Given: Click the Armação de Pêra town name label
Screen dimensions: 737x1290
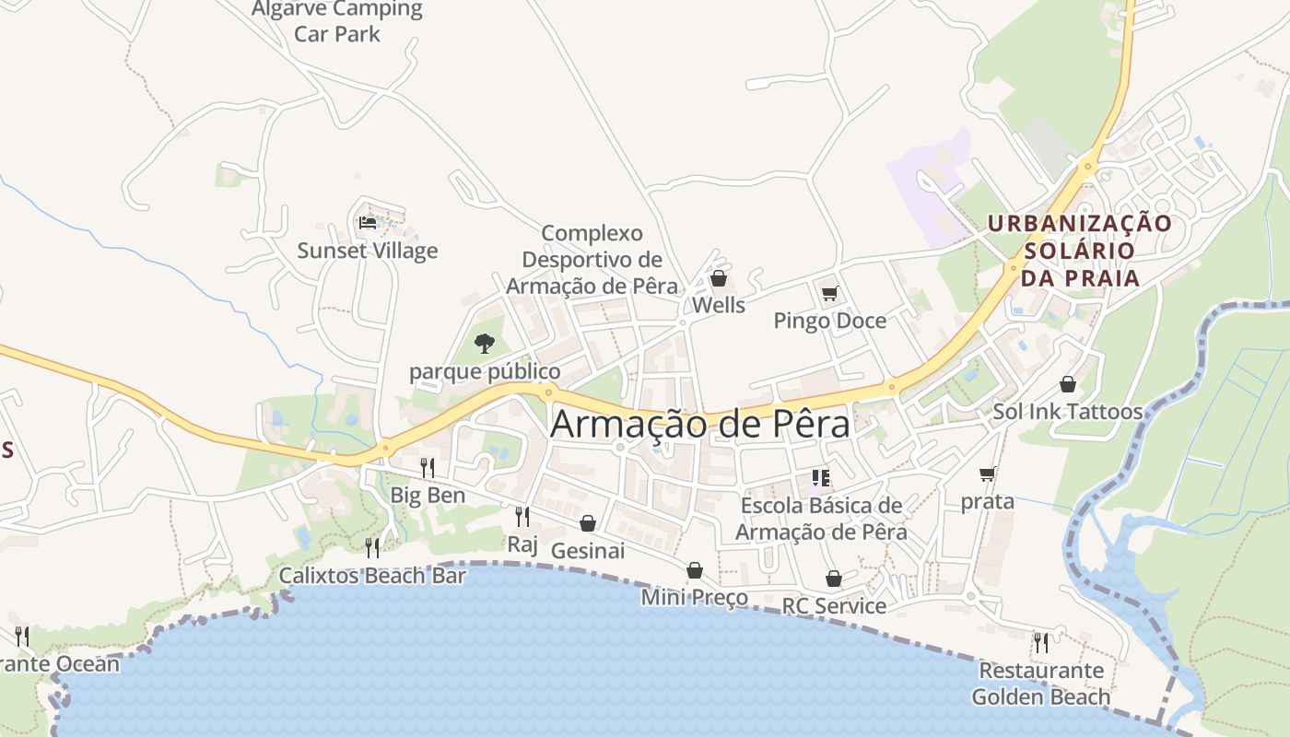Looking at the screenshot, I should click(700, 424).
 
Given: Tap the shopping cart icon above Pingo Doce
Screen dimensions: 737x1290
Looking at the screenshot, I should click(830, 294).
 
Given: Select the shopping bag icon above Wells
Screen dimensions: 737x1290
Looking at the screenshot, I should click(719, 278).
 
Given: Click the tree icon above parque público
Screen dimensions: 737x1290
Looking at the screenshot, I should click(484, 345).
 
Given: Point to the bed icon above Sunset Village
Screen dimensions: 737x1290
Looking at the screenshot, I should click(367, 223).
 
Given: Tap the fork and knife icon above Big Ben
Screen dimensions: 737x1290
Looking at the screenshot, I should click(427, 468).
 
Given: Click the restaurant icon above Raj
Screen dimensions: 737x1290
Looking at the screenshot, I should click(522, 517).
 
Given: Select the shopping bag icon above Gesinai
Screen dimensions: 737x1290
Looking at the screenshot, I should click(588, 524).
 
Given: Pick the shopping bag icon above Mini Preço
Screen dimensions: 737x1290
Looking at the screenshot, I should click(695, 571).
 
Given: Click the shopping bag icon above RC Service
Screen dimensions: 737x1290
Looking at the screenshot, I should click(834, 579).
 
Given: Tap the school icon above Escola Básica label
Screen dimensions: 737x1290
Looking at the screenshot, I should click(821, 478).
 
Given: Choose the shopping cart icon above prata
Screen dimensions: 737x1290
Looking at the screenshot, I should click(988, 474).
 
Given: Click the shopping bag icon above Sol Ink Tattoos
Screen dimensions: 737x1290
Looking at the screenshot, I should click(1068, 384).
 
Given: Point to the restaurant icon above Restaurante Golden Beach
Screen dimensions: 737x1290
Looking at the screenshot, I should click(1041, 642).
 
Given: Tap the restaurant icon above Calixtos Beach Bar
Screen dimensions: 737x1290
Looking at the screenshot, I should click(372, 548).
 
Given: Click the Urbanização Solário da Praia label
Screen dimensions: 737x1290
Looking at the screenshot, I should click(1080, 251).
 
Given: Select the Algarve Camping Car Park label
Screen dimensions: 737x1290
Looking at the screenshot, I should click(337, 22).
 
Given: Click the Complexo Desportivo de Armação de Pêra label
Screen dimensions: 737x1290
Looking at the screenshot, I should click(592, 260).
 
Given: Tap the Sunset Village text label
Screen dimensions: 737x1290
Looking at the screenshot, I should click(368, 251).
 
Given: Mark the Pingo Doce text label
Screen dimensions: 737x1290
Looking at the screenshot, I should click(830, 321).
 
